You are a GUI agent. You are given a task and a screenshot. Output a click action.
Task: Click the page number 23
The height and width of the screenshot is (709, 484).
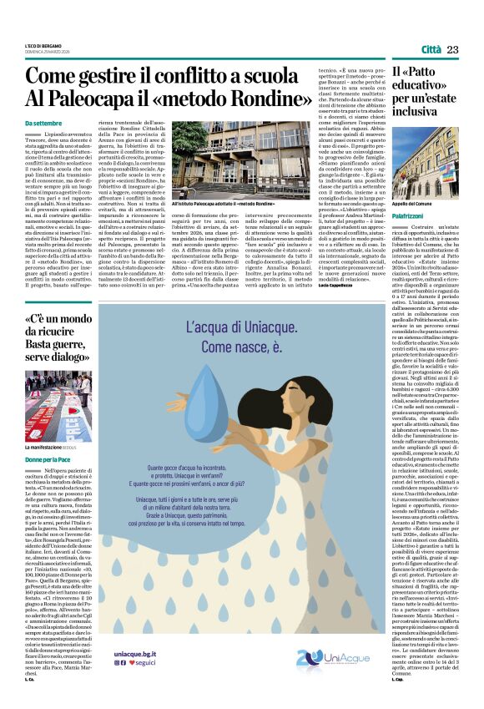(x=452, y=50)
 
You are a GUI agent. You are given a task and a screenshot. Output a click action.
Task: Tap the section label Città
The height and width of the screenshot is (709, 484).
(x=431, y=50)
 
